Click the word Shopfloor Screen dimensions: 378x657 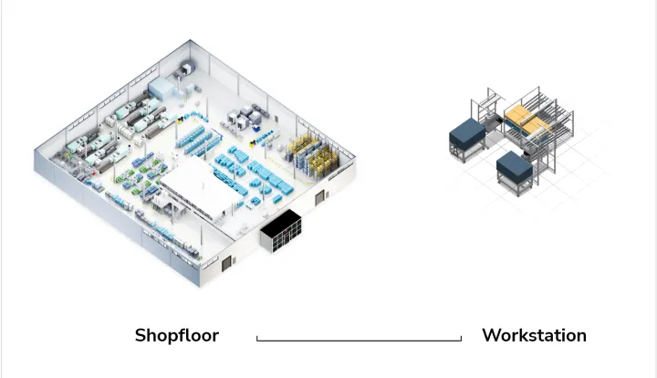(x=177, y=335)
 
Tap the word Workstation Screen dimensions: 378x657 (x=534, y=335)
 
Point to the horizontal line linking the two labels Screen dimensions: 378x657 (x=359, y=341)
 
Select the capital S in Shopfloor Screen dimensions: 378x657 (x=141, y=335)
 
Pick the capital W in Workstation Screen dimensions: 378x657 (x=490, y=335)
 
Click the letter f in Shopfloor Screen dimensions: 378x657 (x=182, y=334)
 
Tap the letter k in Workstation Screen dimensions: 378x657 (x=517, y=334)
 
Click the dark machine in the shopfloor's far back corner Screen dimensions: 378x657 (x=188, y=67)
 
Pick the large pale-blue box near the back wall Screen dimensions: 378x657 (x=161, y=88)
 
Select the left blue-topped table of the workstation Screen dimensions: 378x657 (x=466, y=135)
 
